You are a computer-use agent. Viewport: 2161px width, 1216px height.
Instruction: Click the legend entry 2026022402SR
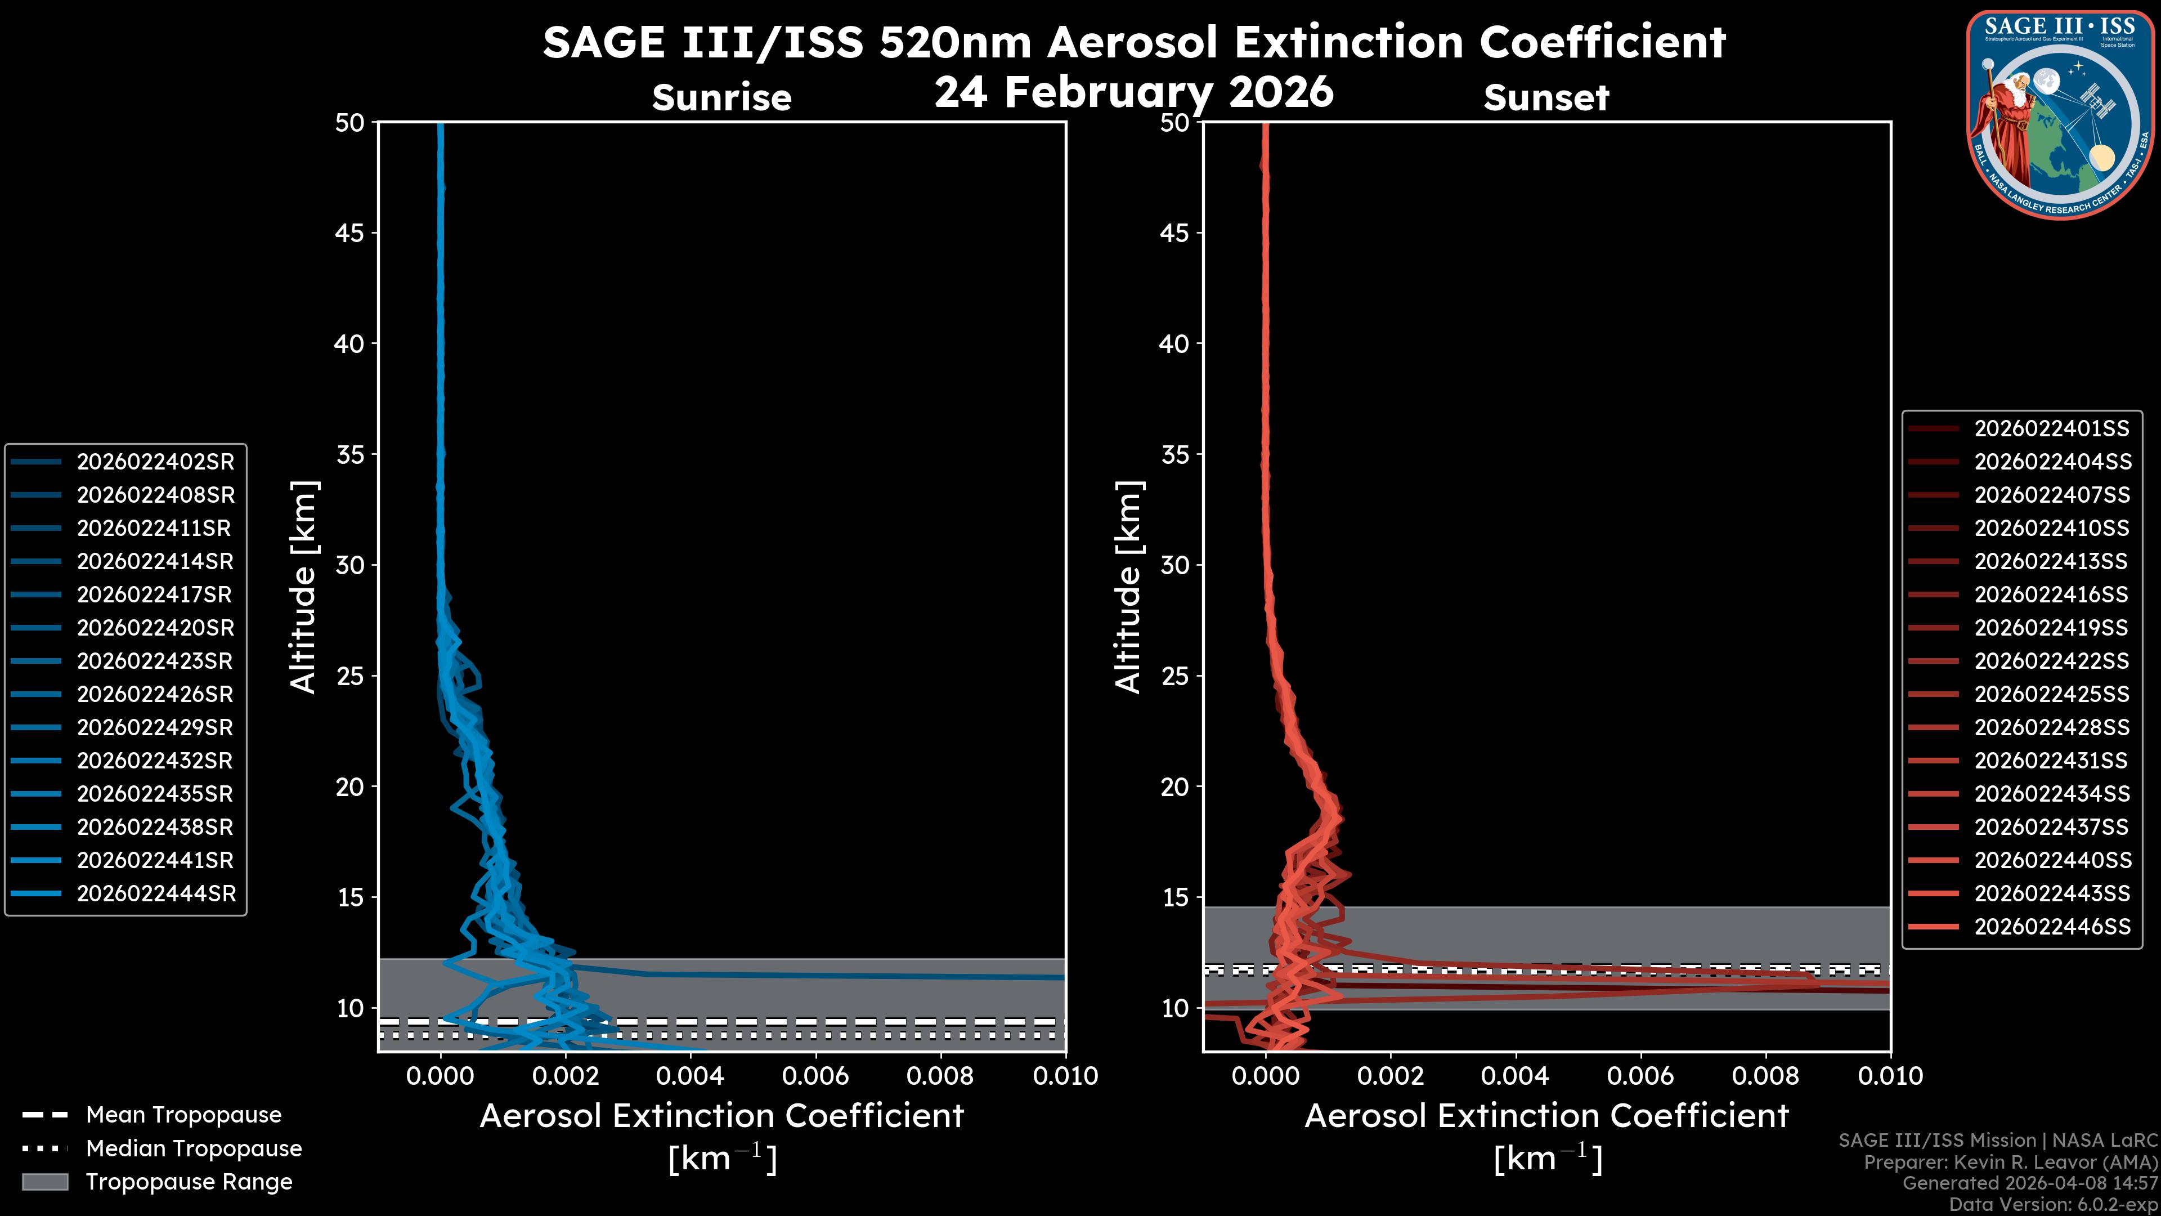[155, 462]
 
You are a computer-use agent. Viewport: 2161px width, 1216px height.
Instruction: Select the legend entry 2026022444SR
[155, 894]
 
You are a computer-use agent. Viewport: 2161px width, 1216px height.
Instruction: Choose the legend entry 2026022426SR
[155, 695]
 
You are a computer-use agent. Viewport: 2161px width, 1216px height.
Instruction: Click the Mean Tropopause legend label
[183, 1115]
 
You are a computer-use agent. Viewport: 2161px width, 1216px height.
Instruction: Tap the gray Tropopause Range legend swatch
[45, 1182]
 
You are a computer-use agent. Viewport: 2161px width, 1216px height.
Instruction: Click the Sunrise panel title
[721, 98]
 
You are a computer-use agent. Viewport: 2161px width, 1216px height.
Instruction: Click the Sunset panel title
[1546, 98]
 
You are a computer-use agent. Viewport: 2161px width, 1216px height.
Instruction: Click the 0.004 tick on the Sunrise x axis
[689, 1076]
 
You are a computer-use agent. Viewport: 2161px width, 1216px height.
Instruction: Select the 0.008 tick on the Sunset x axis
[1766, 1076]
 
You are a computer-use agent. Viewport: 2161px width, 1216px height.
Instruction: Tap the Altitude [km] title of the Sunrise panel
[304, 587]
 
